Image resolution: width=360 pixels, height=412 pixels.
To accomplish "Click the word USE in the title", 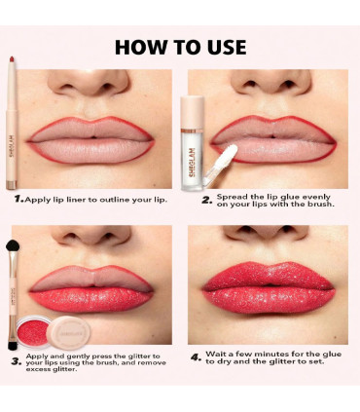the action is point(227,47).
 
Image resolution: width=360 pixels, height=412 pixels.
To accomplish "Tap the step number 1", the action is point(18,199).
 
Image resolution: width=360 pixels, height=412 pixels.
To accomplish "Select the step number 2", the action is point(206,201).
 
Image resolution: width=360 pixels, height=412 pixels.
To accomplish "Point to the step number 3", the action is point(17,361).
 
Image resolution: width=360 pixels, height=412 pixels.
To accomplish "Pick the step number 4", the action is point(196,357).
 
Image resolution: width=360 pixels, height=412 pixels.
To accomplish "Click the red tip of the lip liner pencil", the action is point(12,59).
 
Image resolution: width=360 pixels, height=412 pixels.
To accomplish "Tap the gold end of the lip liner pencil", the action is point(12,185).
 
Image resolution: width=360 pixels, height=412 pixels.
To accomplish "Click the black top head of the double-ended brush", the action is point(13,245).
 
